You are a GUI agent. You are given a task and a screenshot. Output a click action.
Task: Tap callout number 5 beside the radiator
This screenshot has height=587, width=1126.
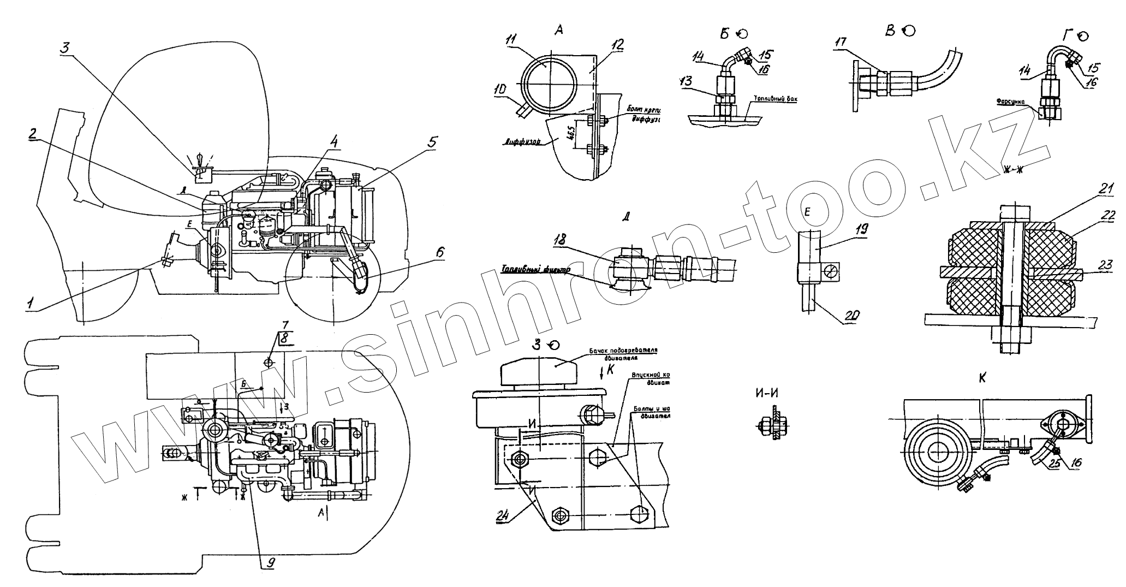(431, 127)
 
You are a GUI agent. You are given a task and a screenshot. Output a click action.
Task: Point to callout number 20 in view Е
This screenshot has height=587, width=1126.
(849, 315)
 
